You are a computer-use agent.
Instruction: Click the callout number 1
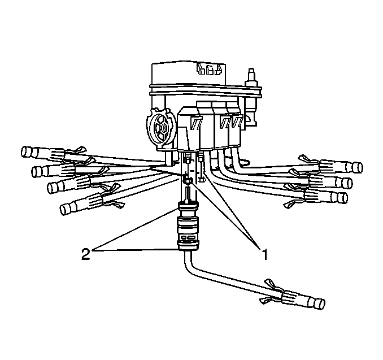pyautogui.click(x=264, y=254)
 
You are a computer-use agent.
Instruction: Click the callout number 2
pyautogui.click(x=85, y=254)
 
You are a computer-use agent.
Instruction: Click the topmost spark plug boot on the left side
pyautogui.click(x=43, y=153)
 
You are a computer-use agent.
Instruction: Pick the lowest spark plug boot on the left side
pyautogui.click(x=81, y=204)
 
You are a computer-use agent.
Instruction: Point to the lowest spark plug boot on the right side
pyautogui.click(x=326, y=197)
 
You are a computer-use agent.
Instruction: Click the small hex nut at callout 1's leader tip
pyautogui.click(x=188, y=180)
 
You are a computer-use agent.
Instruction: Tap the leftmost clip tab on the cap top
pyautogui.click(x=201, y=69)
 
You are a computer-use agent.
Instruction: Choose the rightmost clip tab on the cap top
pyautogui.click(x=218, y=69)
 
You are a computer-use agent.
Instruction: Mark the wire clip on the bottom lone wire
pyautogui.click(x=271, y=291)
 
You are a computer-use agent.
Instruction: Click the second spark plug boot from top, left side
pyautogui.click(x=54, y=170)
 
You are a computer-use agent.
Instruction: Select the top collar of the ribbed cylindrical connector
pyautogui.click(x=189, y=206)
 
